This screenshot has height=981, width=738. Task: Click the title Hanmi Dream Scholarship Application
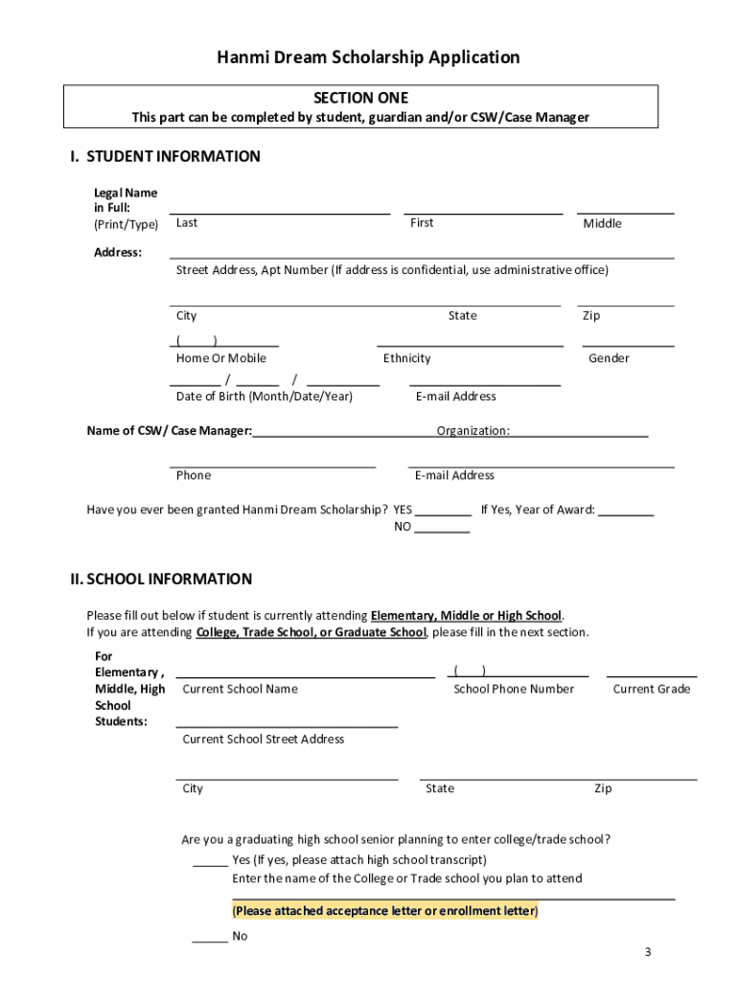pos(368,57)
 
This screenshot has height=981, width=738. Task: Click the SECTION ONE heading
pos(360,98)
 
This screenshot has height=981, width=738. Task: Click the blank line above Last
pos(280,212)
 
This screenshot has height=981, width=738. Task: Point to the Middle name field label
pos(602,223)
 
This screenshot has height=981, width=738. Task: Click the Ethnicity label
pos(407,358)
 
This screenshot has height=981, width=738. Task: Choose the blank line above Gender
pos(628,344)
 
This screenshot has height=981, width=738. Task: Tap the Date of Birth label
pos(265,396)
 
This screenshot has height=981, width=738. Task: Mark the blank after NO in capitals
pos(442,530)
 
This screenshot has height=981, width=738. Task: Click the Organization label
pos(473,430)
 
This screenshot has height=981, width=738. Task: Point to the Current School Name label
pos(240,689)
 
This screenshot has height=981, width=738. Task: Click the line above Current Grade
pos(652,675)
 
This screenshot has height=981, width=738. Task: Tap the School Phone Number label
pos(514,689)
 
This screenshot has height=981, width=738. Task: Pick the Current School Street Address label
pos(263,739)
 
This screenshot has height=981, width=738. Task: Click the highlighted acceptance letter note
pos(385,910)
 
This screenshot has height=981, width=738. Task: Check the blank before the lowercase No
pos(210,941)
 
